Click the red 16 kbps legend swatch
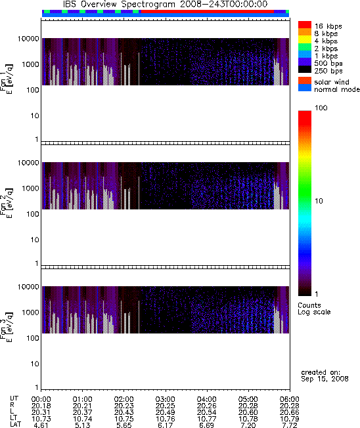point(305,25)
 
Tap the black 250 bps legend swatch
point(305,70)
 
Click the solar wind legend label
point(332,82)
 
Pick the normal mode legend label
point(337,89)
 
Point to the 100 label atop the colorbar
point(321,108)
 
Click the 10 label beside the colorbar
point(319,201)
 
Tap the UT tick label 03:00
point(166,399)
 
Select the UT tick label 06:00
point(289,399)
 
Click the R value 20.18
point(41,406)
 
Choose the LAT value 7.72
point(289,425)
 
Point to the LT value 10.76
point(166,418)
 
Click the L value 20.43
point(124,412)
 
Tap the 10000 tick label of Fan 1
point(28,39)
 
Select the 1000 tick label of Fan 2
point(31,188)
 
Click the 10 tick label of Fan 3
point(35,364)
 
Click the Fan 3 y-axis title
point(6,326)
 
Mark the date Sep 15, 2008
point(325,379)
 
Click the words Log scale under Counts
point(314,312)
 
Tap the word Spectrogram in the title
point(148,5)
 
